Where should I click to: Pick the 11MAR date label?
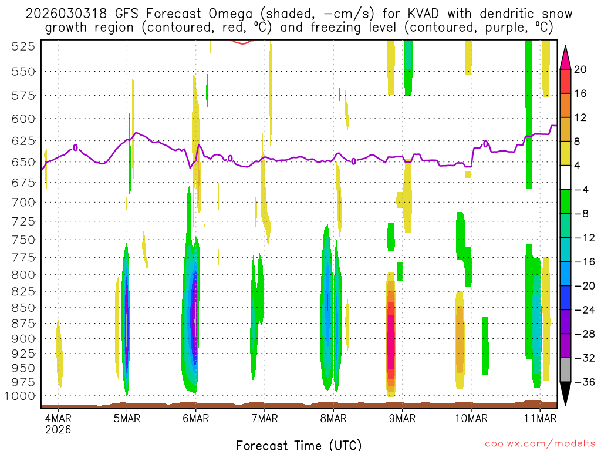(x=539, y=419)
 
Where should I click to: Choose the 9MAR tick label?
(x=402, y=419)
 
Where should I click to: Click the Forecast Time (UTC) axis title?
(x=299, y=445)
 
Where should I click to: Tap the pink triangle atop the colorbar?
(x=565, y=57)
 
